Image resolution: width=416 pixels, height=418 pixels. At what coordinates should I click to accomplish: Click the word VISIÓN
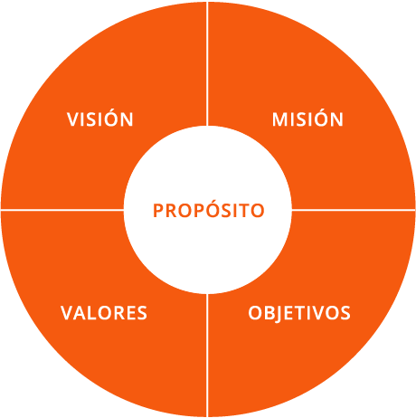pos(100,118)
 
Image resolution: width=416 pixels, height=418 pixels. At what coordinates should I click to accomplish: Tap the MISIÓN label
pos(307,118)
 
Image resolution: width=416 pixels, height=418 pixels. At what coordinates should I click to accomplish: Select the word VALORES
pos(104,313)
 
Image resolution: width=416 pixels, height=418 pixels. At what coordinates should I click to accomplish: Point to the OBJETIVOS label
pos(299,314)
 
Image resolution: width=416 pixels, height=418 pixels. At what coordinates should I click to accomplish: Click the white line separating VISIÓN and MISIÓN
pos(207,63)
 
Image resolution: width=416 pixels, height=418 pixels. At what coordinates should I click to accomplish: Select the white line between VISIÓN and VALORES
pos(62,209)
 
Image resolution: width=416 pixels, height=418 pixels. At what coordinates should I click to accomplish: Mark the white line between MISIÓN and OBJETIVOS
pos(354,209)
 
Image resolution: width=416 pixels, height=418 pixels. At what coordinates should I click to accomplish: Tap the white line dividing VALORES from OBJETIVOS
pos(207,356)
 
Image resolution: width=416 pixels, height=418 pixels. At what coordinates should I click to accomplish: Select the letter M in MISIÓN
pos(280,119)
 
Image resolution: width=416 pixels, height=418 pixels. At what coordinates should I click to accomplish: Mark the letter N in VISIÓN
pos(128,119)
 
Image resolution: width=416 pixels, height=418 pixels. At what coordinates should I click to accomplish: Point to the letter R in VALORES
pos(118,313)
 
